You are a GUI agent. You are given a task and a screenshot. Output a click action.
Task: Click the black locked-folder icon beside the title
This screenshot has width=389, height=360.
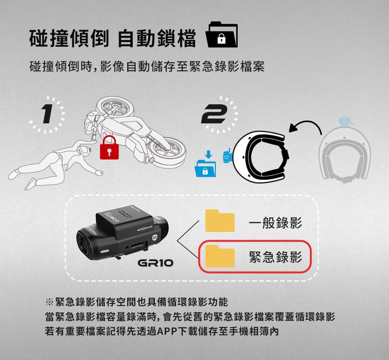(222, 34)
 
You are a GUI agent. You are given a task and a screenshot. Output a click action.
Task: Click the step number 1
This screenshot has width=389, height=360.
(47, 114)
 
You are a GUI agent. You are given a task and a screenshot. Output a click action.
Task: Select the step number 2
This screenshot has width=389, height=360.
(214, 114)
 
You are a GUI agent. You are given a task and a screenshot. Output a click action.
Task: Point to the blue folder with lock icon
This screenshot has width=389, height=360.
(205, 169)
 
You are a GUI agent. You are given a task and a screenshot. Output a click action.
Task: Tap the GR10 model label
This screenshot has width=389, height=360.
(155, 263)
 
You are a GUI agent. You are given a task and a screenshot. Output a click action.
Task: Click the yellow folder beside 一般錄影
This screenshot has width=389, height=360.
(220, 221)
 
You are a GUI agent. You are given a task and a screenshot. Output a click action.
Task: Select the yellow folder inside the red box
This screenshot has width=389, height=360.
(220, 256)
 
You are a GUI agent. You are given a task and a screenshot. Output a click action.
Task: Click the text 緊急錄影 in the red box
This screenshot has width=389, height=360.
(275, 257)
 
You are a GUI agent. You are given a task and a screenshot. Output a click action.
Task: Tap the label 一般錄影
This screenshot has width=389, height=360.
(275, 222)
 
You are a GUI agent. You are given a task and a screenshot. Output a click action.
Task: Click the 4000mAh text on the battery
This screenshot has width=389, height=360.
(145, 229)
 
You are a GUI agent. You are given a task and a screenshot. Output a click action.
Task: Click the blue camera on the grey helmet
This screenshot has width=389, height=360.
(345, 121)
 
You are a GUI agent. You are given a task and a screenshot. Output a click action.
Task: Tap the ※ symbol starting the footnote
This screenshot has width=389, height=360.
(49, 302)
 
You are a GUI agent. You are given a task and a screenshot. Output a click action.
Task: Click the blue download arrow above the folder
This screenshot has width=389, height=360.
(209, 154)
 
